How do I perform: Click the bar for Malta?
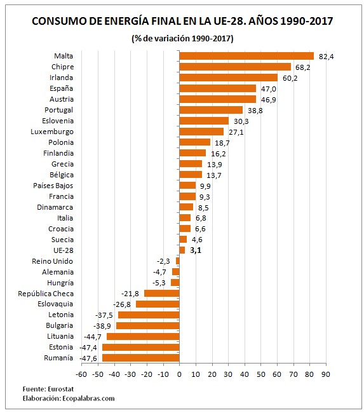pos(246,56)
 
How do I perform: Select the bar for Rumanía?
pos(141,358)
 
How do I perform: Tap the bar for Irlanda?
pos(229,78)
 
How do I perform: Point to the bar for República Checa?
pos(162,293)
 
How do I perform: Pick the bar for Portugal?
pos(211,110)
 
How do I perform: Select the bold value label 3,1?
pos(195,250)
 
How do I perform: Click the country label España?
pos(62,88)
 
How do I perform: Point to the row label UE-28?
pos(62,250)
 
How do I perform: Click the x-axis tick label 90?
pos(325,374)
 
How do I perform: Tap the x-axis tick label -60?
pos(81,374)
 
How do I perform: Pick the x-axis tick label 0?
pos(180,374)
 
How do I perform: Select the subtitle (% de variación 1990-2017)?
pos(182,38)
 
